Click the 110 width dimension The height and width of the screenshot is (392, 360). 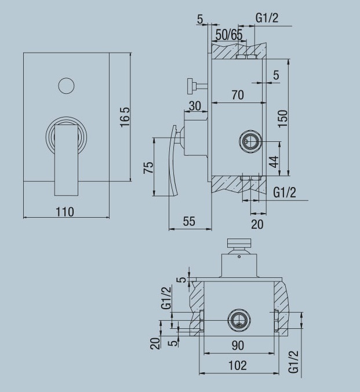65,212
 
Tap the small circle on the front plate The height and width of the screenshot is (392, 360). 67,86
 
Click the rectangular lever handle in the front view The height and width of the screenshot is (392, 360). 66,159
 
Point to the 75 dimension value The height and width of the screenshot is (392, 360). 148,167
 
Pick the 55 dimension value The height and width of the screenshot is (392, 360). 188,221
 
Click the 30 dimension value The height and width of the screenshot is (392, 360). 194,107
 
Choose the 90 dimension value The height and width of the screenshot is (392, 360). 237,345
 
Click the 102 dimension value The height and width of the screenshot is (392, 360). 237,365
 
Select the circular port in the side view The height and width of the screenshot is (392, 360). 251,141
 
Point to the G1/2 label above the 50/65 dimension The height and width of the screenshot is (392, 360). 267,18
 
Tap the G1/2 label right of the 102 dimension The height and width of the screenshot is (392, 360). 294,362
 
